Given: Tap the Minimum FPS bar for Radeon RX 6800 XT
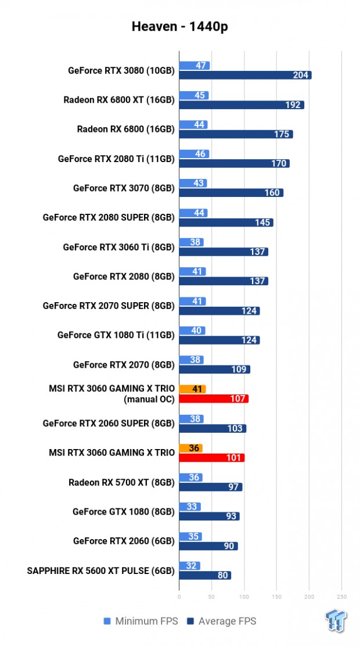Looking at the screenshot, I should click(x=194, y=95).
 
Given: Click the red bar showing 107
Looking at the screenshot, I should click(x=214, y=399).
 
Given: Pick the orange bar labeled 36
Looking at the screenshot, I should click(x=190, y=448).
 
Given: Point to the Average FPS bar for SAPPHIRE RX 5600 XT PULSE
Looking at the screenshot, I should click(x=205, y=575).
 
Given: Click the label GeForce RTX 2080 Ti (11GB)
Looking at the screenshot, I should click(x=116, y=159).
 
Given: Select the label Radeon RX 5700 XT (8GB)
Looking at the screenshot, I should click(x=121, y=482).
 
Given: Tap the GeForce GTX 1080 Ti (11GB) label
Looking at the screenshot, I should click(x=116, y=335).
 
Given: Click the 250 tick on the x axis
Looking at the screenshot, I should click(x=341, y=596).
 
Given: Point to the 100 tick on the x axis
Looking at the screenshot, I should click(x=244, y=596).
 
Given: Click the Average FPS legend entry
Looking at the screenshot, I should click(x=221, y=622).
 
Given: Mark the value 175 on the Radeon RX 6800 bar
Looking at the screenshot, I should click(x=283, y=134).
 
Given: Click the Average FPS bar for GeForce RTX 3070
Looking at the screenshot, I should click(x=231, y=193).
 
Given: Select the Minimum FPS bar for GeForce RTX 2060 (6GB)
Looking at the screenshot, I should click(x=190, y=536).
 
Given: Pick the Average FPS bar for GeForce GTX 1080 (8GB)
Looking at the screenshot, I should click(x=209, y=516).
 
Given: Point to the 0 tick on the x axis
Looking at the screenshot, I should click(x=179, y=596).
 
